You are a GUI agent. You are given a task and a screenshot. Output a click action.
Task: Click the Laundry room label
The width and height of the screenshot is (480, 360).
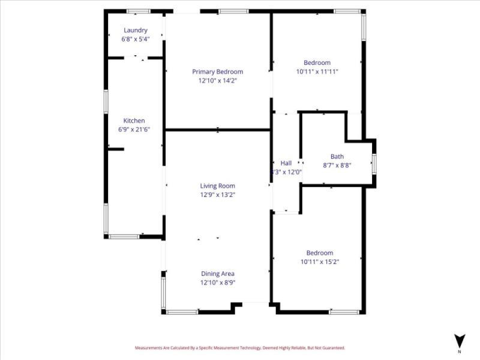coord(135,30)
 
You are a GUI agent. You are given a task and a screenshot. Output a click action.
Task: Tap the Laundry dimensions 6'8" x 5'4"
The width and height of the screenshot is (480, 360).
coord(135,38)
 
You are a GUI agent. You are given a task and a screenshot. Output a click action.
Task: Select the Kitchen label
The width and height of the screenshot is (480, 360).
coord(134,121)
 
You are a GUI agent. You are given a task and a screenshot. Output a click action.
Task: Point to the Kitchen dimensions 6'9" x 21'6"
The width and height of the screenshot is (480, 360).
coord(134,129)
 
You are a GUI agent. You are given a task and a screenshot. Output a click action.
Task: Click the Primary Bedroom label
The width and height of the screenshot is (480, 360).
coord(217,71)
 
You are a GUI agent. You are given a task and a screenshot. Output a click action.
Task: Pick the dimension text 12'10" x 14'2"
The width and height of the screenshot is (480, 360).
coord(217,80)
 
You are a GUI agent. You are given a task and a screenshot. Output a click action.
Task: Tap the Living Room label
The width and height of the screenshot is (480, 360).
coord(217,186)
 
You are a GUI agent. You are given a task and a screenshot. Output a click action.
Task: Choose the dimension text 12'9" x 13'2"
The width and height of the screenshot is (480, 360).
coord(217,194)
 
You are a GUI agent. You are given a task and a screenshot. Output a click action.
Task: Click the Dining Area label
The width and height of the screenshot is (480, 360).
coord(217,274)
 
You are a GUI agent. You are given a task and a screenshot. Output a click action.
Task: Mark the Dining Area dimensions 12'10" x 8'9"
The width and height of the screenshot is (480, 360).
coord(217,282)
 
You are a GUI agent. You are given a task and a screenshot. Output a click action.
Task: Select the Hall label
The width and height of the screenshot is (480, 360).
coord(286,163)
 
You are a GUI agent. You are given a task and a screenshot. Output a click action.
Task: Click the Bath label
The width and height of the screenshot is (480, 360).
coord(337,157)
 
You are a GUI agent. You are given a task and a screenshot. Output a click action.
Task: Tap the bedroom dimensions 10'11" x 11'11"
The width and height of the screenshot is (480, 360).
coord(317,71)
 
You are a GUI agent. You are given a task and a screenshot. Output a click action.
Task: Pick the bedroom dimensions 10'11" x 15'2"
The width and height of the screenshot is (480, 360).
coord(319,262)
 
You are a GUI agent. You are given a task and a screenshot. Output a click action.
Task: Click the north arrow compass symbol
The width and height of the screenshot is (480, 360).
coord(460,340)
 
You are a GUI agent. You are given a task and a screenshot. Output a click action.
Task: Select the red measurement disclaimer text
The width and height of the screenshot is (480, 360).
coord(240,347)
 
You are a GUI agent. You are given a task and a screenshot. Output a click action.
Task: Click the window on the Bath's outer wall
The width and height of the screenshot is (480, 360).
coord(374,163)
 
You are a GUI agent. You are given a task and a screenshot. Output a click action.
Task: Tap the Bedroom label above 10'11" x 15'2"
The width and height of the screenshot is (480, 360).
coord(319,253)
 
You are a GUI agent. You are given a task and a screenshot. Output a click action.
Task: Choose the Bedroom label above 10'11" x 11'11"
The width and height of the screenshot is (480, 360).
coord(317,63)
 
